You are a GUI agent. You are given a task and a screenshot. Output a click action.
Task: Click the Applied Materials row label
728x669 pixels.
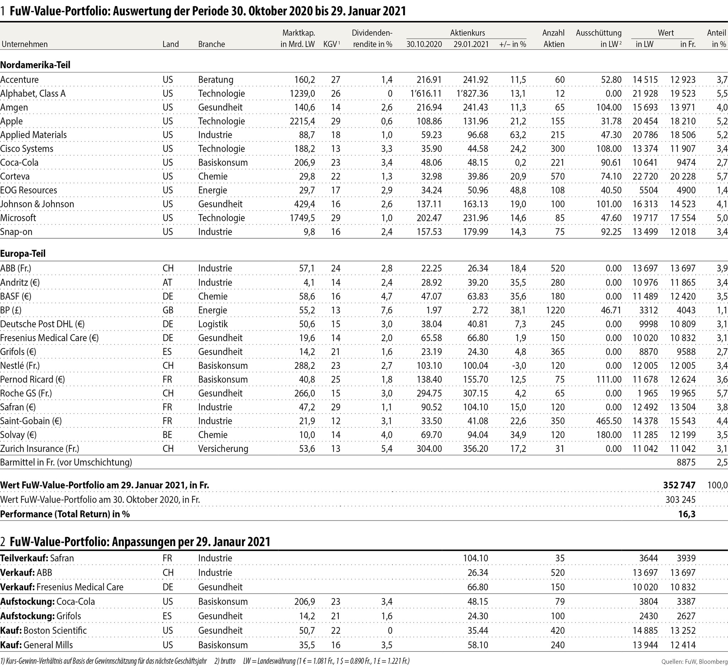[x=34, y=135]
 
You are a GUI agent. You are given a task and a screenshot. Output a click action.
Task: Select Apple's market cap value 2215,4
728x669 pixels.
[x=302, y=121]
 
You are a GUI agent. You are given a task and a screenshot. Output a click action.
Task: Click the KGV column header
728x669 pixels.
[x=331, y=44]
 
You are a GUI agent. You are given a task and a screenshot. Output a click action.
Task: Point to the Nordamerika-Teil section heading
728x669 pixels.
[x=35, y=65]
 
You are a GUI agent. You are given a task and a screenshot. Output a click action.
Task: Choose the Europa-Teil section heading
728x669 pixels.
[x=23, y=254]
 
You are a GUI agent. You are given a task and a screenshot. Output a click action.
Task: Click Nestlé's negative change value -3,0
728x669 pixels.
[x=518, y=366]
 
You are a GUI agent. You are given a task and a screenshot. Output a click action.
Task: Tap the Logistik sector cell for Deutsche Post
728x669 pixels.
[x=213, y=324]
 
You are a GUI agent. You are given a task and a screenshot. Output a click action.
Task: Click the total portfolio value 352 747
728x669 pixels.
[x=679, y=485]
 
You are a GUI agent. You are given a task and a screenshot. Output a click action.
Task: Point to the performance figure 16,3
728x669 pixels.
[x=687, y=514]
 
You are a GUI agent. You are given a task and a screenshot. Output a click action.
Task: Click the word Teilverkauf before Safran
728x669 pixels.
[x=24, y=558]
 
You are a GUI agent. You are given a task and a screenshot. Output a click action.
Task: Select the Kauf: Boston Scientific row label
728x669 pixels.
[x=43, y=630]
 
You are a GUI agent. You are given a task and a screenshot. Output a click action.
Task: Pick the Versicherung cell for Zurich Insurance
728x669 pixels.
[x=223, y=448]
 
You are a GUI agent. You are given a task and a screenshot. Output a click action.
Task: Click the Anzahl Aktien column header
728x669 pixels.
[x=553, y=38]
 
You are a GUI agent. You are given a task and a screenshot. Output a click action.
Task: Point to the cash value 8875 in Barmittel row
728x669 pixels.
[x=686, y=462]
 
